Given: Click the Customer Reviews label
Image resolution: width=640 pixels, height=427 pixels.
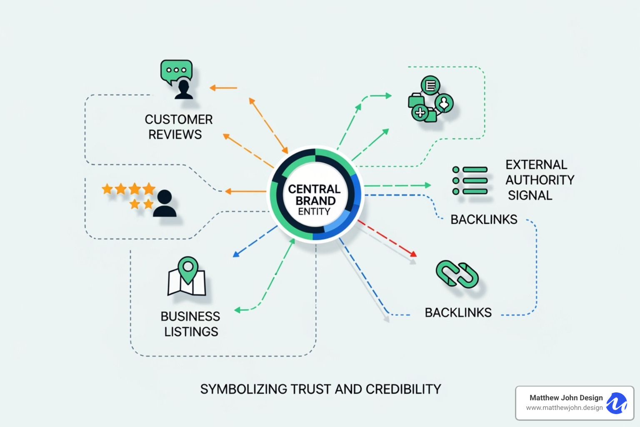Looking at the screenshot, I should (178, 127).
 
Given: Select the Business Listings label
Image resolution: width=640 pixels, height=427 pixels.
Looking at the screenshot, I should (190, 324).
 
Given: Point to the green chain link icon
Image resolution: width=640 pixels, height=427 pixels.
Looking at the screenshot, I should (457, 274).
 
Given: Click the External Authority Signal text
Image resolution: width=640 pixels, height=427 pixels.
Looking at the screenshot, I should (539, 180).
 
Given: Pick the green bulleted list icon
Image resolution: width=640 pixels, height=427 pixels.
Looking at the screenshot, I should (470, 181).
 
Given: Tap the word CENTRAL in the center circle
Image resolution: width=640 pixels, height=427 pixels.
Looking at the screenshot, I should (314, 189).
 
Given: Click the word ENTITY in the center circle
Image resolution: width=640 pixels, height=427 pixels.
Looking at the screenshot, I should (314, 212).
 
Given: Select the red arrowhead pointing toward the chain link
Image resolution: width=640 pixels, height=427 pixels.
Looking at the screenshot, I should (413, 254).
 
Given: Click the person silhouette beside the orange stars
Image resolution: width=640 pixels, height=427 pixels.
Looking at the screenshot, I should (165, 204).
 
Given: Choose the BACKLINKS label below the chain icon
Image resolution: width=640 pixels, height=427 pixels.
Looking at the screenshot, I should (458, 312).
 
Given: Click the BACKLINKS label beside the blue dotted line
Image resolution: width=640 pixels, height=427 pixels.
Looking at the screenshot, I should (484, 219).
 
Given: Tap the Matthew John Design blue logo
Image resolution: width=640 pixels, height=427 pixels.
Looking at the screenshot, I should (617, 403).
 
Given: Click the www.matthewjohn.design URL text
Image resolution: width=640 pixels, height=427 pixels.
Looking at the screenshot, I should (564, 408).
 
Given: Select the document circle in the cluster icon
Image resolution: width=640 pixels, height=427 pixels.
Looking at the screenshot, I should (430, 85).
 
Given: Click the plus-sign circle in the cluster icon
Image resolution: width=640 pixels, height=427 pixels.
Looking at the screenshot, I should (420, 113).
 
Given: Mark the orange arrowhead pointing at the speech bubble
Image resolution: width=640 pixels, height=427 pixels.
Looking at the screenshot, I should (212, 88).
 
